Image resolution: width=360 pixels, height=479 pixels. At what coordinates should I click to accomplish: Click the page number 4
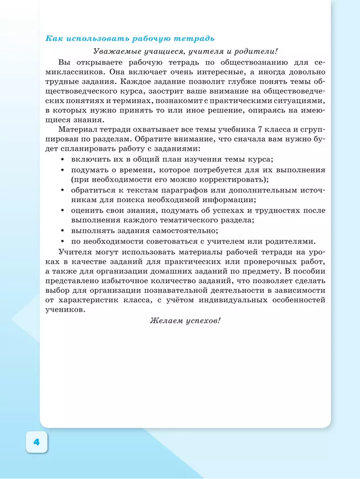pyautogui.click(x=37, y=442)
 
